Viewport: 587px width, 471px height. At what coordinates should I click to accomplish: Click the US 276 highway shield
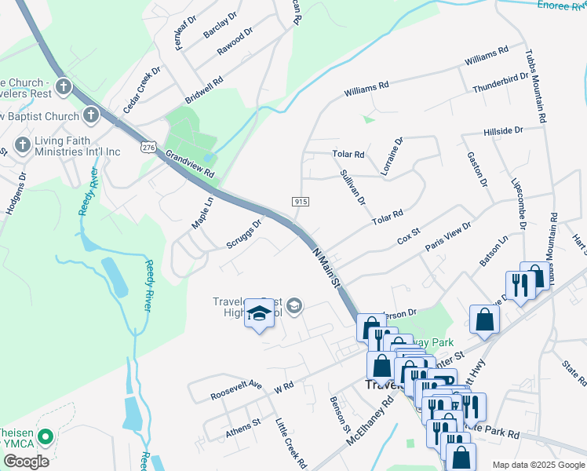point(149,147)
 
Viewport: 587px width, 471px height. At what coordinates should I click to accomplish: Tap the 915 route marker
point(302,202)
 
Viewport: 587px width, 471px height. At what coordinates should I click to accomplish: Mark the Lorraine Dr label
point(392,155)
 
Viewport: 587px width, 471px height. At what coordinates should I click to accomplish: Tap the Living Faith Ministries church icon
point(22,145)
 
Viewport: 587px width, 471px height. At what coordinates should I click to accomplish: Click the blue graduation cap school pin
point(259,315)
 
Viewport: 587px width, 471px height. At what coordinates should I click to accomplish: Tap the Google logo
point(26,461)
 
